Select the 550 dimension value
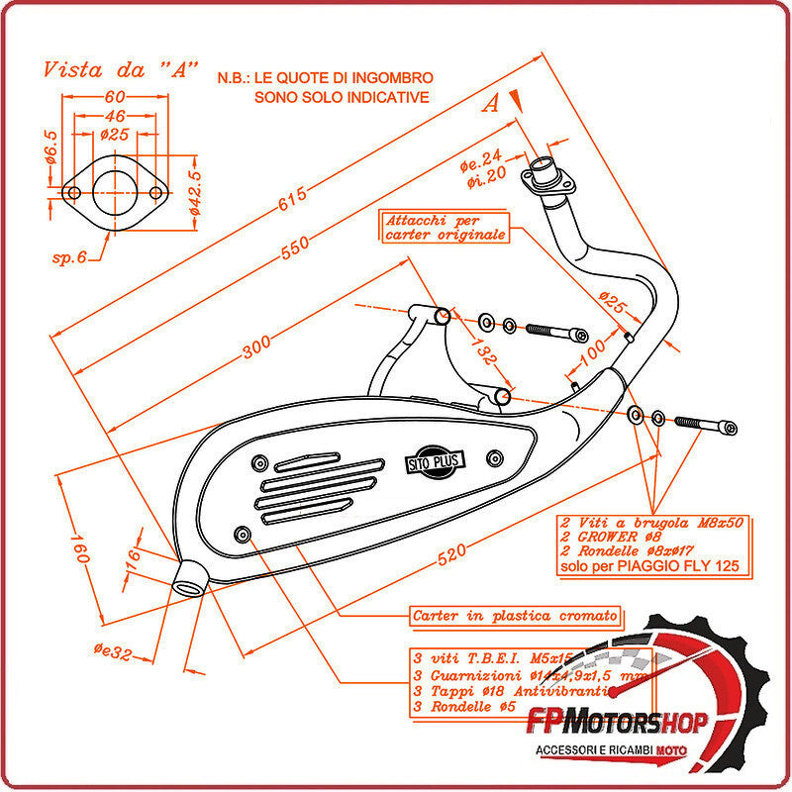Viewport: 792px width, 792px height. [x=295, y=247]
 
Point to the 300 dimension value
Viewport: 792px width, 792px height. [x=256, y=346]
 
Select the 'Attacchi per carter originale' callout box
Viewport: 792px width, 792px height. [x=445, y=228]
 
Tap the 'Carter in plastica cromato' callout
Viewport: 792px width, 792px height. [x=515, y=616]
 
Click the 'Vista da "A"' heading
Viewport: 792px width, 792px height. [x=120, y=71]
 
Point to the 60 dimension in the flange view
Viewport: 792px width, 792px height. [x=114, y=97]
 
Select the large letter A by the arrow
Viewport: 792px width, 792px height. [x=491, y=105]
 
